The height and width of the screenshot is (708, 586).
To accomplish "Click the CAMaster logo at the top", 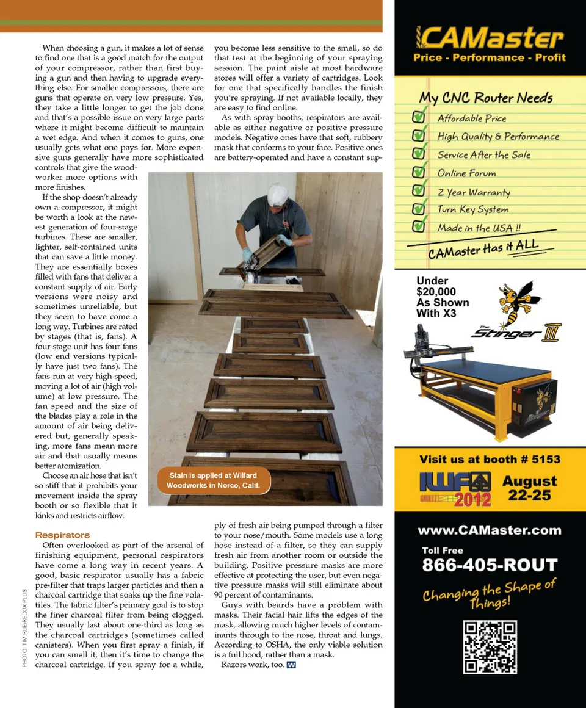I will click(489, 38).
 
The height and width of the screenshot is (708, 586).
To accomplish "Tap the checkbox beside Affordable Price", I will click(419, 117).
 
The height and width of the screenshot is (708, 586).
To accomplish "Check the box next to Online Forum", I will click(419, 172).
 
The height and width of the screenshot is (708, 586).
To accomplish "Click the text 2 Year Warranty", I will click(473, 192).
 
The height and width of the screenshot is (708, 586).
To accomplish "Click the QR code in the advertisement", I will click(490, 647).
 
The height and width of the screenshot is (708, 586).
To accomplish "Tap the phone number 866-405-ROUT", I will click(490, 565).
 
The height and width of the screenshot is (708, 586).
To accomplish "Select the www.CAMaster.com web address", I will click(490, 530).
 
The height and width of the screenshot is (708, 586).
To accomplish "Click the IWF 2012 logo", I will click(455, 489).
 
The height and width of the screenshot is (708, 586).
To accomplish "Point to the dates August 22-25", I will click(529, 488).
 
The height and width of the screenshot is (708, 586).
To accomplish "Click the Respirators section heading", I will click(62, 535).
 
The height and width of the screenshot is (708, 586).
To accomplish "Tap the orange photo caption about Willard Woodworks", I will click(213, 480).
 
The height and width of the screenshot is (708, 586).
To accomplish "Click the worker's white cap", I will click(278, 194).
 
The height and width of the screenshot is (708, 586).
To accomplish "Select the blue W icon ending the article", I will click(291, 665).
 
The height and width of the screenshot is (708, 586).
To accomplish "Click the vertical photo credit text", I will click(24, 628).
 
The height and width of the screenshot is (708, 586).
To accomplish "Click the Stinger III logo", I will click(516, 332).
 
